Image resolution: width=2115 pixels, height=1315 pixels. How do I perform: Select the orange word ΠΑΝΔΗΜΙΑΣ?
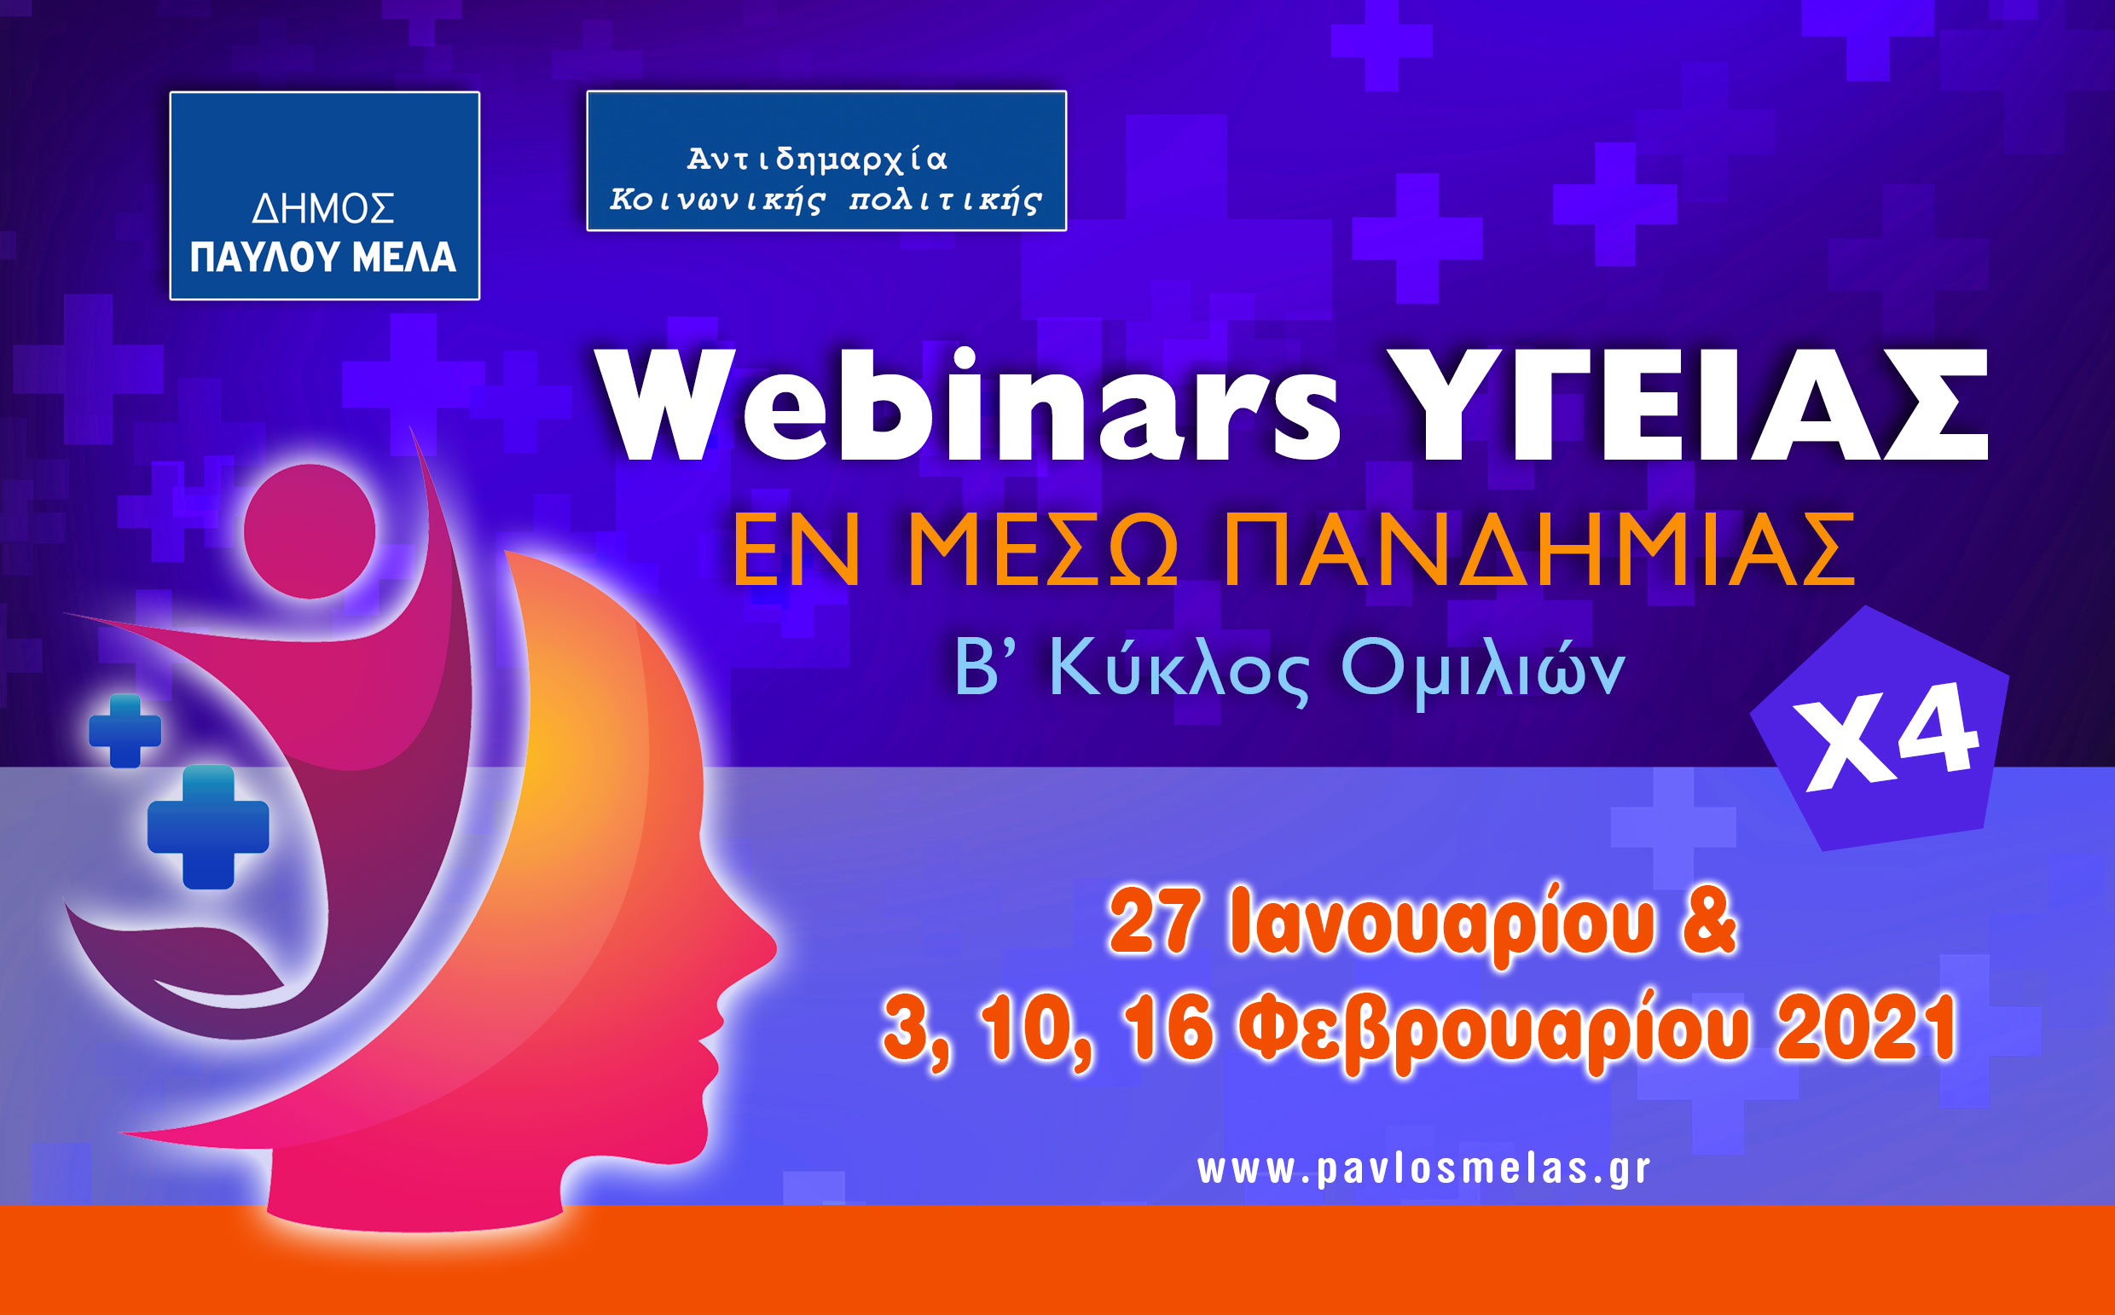[1538, 551]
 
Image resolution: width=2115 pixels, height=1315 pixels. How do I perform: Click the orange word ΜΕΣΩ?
[1043, 551]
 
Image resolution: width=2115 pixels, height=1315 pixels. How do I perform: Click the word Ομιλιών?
[1482, 670]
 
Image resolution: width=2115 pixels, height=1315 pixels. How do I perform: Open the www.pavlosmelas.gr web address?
[1423, 1170]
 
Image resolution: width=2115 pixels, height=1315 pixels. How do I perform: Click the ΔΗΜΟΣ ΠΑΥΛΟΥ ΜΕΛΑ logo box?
[324, 195]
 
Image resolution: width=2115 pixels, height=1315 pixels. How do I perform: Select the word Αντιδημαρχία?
[817, 159]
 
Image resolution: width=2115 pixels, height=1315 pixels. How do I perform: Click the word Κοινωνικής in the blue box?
[716, 201]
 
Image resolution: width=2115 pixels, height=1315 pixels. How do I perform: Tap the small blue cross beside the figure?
[125, 731]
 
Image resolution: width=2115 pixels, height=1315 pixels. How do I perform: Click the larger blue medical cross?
[208, 827]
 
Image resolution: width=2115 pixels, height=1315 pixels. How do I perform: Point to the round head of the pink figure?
[310, 531]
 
